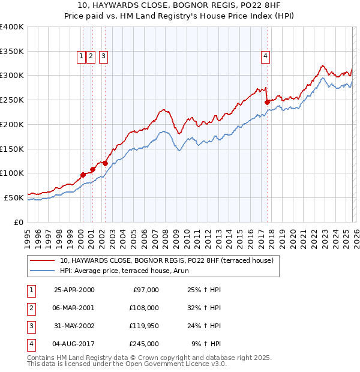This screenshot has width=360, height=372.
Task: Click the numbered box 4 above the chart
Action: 265,56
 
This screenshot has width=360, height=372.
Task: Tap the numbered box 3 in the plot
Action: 103,56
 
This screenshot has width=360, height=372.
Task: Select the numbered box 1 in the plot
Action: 81,56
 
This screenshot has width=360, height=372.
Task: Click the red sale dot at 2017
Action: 268,102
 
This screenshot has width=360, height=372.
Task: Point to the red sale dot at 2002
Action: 105,163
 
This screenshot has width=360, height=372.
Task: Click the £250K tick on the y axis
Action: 12,100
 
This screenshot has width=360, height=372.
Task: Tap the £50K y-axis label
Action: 14,197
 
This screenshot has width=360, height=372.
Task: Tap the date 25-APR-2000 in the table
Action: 74,290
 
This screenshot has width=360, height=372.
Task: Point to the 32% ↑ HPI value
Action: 204,308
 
